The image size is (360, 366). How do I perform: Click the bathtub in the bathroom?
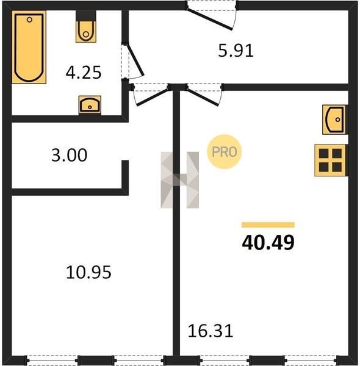[29, 47]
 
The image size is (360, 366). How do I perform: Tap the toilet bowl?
[86, 32]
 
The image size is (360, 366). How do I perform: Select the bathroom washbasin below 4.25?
[90, 105]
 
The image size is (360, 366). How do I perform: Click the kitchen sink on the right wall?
[335, 120]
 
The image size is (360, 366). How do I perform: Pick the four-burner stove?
[330, 160]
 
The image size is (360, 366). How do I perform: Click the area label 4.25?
[84, 73]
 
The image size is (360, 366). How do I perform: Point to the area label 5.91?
[236, 51]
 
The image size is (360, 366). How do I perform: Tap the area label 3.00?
[70, 155]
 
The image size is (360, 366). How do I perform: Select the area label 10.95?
[88, 273]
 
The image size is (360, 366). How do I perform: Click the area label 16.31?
[211, 331]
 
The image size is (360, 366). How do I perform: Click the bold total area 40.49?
[268, 243]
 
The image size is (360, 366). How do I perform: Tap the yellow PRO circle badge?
[225, 152]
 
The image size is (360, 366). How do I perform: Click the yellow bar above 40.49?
[268, 224]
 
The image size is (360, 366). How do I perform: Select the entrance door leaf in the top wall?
[210, 20]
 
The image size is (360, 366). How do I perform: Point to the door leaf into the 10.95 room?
[152, 97]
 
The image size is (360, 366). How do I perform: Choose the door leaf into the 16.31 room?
[203, 97]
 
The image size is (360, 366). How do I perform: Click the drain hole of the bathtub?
[29, 20]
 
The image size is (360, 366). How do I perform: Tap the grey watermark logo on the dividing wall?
[180, 180]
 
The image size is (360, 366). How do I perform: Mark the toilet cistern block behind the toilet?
[86, 16]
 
